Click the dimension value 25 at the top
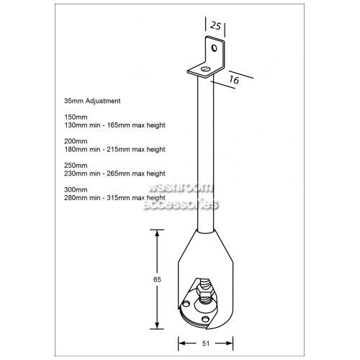[x=215, y=26]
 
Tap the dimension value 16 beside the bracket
[x=234, y=79]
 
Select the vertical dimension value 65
[x=157, y=279]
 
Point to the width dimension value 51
[x=206, y=343]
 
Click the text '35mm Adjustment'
[x=92, y=101]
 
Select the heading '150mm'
[x=76, y=117]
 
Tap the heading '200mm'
[x=76, y=141]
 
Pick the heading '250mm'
[x=76, y=166]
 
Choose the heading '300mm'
[x=76, y=189]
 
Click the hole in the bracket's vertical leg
[x=214, y=48]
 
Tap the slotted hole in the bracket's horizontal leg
[x=206, y=69]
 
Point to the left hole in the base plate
[x=186, y=304]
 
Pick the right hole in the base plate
[x=205, y=319]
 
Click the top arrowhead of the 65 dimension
[x=157, y=233]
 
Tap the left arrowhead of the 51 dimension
[x=181, y=343]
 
